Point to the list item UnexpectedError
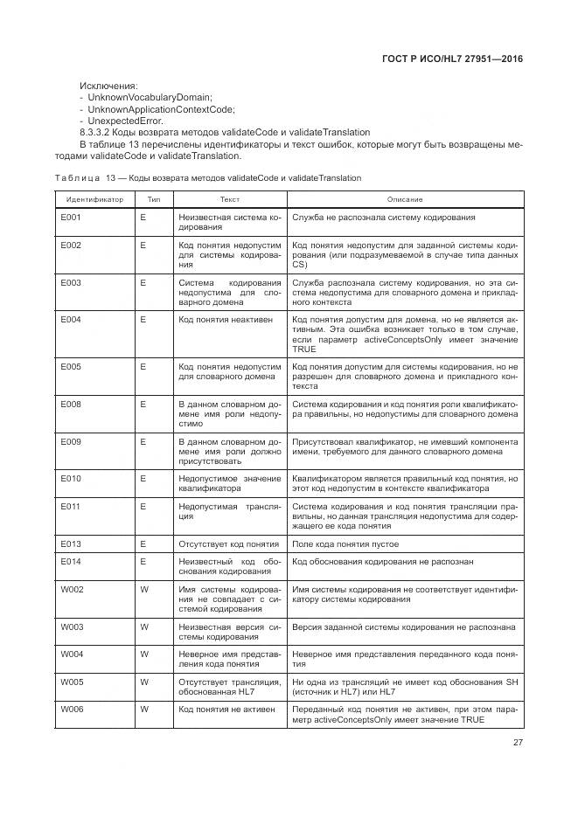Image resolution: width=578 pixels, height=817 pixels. pos(123,121)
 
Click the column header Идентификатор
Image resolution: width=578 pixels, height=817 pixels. pos(94,199)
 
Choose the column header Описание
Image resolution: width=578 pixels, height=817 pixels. pos(404,199)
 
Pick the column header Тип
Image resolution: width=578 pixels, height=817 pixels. pos(153,199)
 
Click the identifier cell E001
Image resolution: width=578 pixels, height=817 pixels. pos(71,217)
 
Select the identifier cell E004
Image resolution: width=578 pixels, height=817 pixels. pos(71,320)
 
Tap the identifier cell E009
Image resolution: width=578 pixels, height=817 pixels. pos(71,442)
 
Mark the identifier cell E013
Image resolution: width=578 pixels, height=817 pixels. pos(71,544)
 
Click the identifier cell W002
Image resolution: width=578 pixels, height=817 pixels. pos(72,589)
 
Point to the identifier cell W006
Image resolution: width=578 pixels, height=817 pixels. pos(72,709)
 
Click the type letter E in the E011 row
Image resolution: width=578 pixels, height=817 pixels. pos(143,505)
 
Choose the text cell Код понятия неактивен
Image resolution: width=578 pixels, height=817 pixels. pos(225,320)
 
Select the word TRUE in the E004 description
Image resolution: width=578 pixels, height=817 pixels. pos(303,349)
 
